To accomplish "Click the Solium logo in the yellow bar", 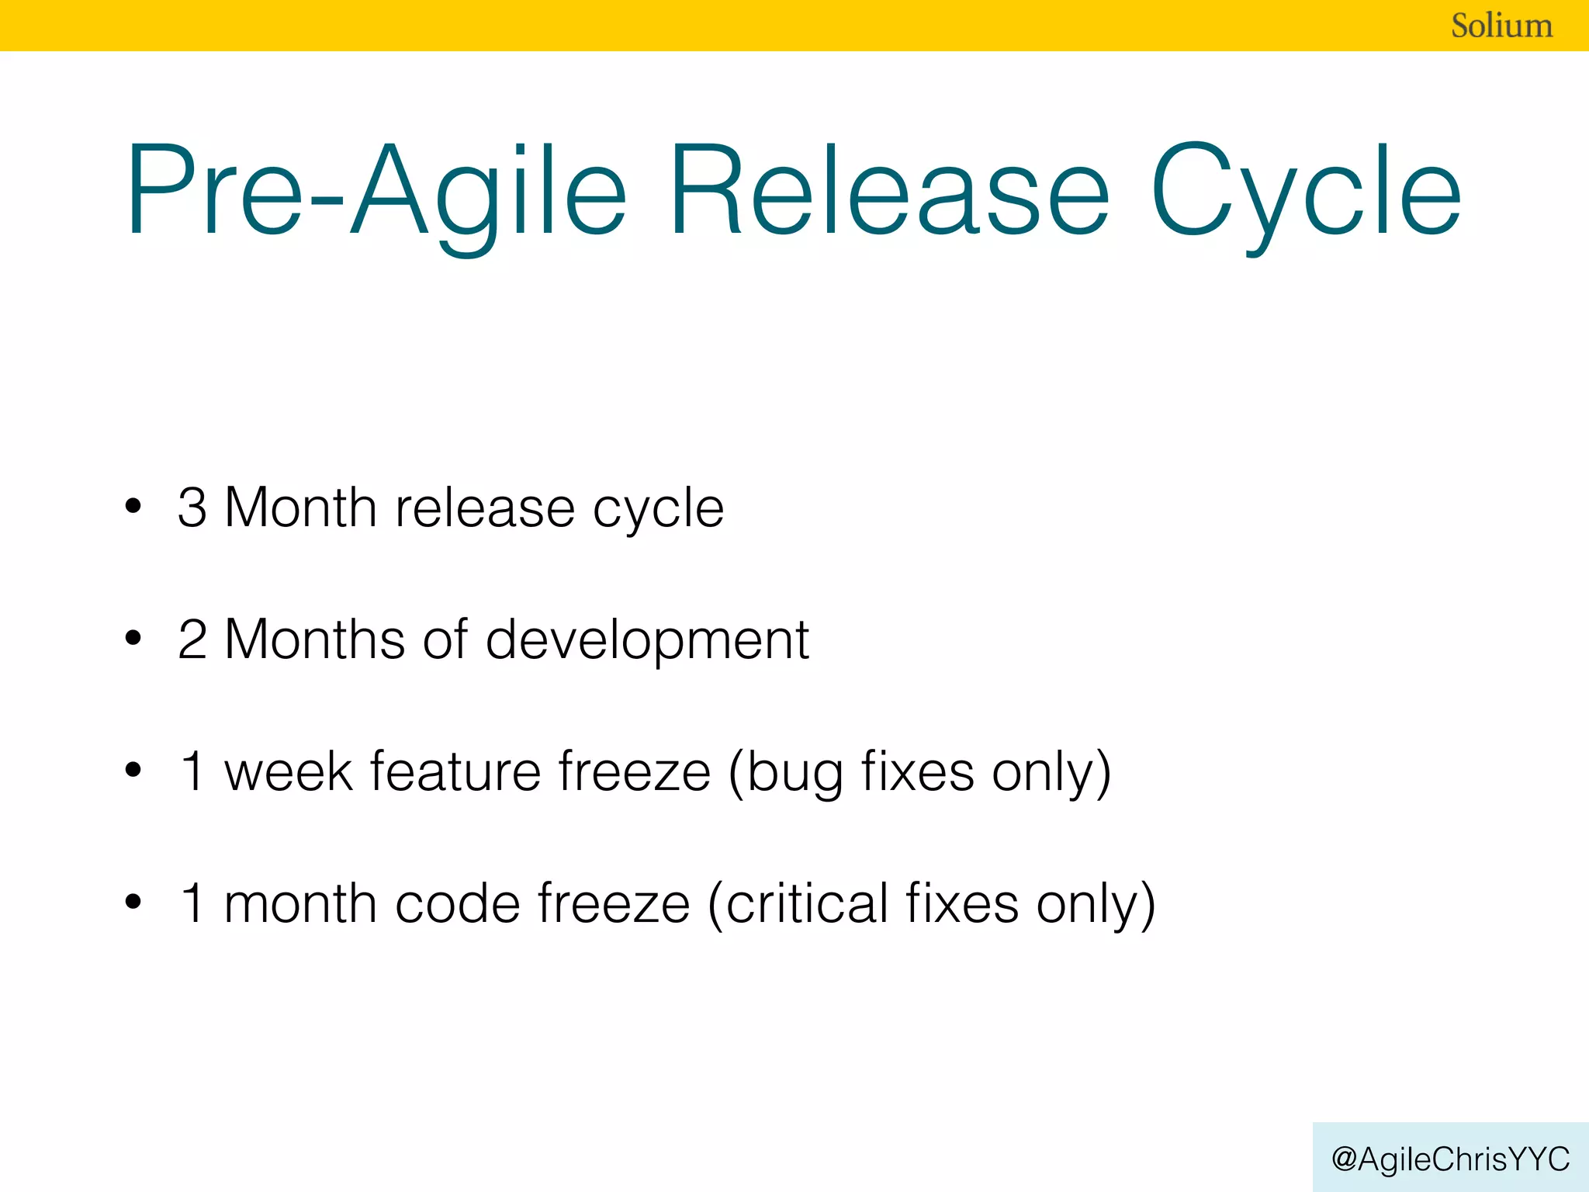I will (x=1501, y=26).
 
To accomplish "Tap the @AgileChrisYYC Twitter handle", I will (x=1450, y=1159).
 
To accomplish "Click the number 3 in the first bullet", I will (x=192, y=508).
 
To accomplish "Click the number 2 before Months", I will (x=192, y=640).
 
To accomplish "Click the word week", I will (x=288, y=772).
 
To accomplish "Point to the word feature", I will (x=455, y=772).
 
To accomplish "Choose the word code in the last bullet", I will (x=457, y=904).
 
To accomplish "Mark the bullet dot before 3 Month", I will (x=133, y=507).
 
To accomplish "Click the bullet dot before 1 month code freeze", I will (x=133, y=903).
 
